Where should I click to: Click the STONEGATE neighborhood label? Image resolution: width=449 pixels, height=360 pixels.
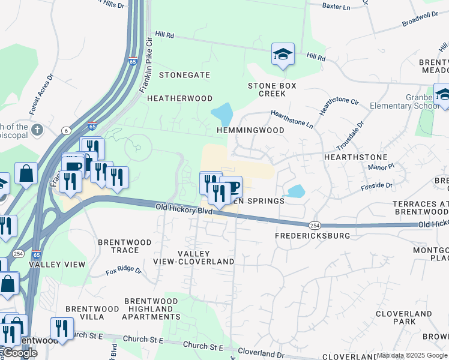184,75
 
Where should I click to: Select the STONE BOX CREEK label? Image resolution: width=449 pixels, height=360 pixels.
272,90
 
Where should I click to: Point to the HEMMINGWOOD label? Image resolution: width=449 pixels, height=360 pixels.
255,130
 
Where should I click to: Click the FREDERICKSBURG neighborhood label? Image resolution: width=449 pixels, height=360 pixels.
312,236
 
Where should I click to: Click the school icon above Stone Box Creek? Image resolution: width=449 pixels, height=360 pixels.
283,55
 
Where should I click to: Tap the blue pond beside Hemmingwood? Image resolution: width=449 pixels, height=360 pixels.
221,113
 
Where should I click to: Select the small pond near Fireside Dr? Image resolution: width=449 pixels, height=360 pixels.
295,191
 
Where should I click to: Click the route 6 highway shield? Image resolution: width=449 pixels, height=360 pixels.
65,130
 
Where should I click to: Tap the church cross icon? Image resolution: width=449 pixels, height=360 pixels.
37,129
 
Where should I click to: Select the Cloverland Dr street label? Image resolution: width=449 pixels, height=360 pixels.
261,352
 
